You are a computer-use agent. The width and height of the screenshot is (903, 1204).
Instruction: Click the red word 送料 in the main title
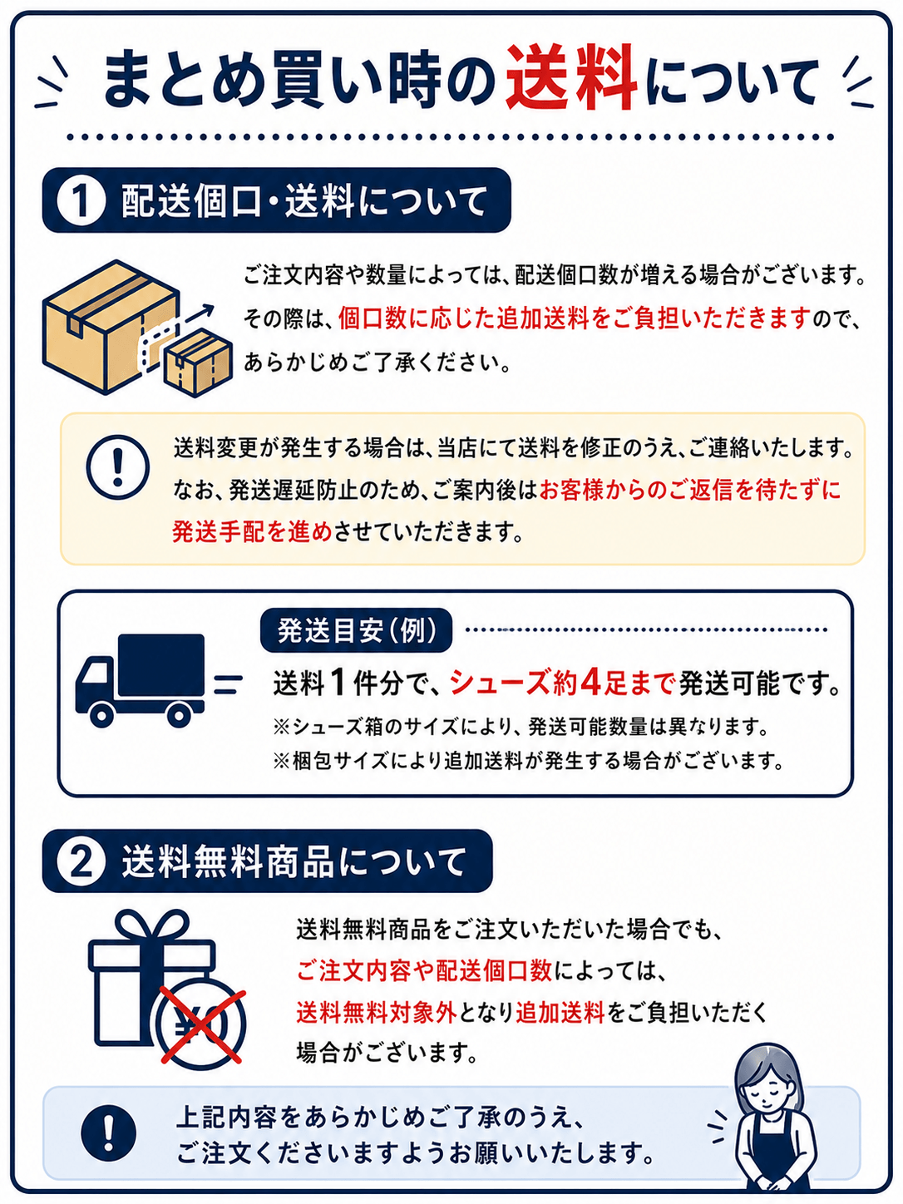(x=571, y=78)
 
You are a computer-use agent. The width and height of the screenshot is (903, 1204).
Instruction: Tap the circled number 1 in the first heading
(x=81, y=200)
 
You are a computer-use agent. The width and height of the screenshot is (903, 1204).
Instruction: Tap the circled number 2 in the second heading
(x=81, y=861)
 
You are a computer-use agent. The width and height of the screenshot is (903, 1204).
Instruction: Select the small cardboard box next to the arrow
(x=199, y=362)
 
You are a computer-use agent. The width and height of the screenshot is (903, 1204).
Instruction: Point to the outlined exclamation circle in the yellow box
(x=118, y=467)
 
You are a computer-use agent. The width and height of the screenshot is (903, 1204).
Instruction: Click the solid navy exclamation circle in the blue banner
(x=108, y=1133)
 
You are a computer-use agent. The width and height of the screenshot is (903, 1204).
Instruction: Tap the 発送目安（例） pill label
(x=357, y=630)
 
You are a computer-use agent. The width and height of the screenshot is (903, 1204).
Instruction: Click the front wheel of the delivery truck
(x=102, y=713)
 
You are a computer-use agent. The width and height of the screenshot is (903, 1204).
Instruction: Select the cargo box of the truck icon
(x=161, y=665)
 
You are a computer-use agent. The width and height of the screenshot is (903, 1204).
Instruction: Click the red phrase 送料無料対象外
(x=377, y=1012)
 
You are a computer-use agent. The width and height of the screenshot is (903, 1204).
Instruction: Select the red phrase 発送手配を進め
(x=252, y=531)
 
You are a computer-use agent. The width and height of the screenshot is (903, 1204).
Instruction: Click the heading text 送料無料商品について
(x=294, y=861)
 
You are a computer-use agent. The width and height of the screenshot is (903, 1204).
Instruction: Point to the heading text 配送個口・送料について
(x=303, y=200)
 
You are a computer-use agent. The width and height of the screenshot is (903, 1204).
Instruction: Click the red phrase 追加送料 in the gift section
(x=560, y=1012)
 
